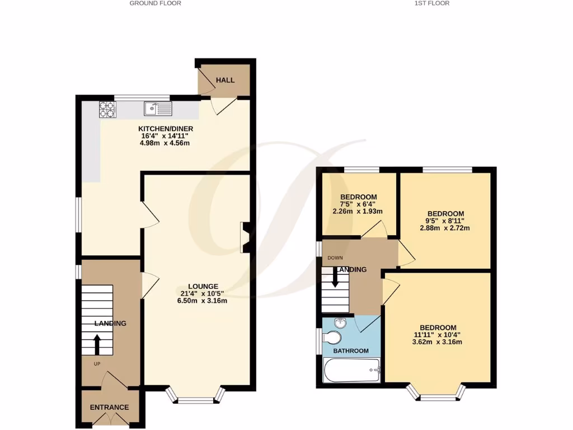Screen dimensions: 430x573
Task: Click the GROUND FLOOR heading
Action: coord(155,3)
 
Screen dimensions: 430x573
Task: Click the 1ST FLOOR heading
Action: coord(431,3)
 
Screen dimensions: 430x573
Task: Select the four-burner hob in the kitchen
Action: coord(107,109)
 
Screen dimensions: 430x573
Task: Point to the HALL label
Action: coord(226,80)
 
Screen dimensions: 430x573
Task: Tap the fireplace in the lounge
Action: coord(245,237)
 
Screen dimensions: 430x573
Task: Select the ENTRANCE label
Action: coord(110,407)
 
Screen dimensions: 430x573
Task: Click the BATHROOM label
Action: coord(351,351)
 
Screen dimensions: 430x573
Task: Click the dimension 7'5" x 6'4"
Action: coord(358,204)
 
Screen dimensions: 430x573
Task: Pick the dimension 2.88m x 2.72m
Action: coord(445,228)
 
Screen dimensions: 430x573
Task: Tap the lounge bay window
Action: coord(196,398)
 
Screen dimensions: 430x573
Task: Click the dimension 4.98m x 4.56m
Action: coord(165,143)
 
